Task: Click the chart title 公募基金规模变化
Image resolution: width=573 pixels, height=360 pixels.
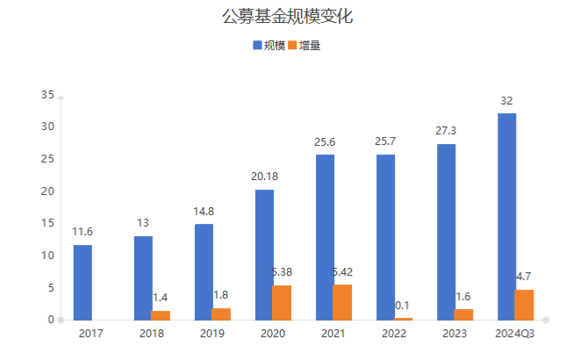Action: click(x=286, y=17)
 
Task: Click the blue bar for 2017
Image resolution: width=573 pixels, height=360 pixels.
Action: click(x=82, y=282)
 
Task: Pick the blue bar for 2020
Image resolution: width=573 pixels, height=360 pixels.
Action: click(x=265, y=255)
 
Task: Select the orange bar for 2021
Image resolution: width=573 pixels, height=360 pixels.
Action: click(x=342, y=302)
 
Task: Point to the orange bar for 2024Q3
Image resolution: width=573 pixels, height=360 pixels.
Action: click(x=524, y=305)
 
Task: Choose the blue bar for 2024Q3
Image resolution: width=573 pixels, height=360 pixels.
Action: click(x=506, y=216)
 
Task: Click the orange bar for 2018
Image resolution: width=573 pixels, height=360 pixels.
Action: click(x=160, y=315)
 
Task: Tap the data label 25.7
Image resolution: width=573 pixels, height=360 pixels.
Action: click(x=386, y=141)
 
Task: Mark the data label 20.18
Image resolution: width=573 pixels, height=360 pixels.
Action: click(x=265, y=176)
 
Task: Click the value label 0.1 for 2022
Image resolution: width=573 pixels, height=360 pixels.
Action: click(x=403, y=305)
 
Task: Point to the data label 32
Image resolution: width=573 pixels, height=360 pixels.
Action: click(x=506, y=101)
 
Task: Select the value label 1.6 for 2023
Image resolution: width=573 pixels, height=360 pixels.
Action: click(x=463, y=296)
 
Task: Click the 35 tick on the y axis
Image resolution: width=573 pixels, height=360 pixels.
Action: click(x=48, y=95)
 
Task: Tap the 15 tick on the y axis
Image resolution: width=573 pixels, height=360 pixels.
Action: click(x=48, y=223)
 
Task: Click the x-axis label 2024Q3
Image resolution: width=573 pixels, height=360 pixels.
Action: click(x=515, y=334)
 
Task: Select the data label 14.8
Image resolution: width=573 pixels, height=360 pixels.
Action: click(x=204, y=212)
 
